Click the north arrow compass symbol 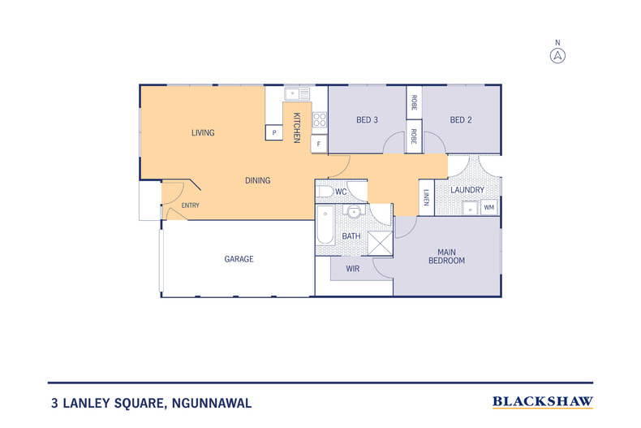click(557, 55)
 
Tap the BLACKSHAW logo click(543, 402)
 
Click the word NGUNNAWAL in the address click(212, 403)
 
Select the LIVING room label click(203, 132)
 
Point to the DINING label click(257, 180)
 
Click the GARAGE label click(239, 259)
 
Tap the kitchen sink click(297, 93)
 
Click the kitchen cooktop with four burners click(320, 120)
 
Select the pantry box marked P click(274, 132)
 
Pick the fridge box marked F click(319, 144)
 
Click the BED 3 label click(367, 120)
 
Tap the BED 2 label click(461, 120)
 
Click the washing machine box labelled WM click(489, 207)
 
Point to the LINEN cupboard click(426, 197)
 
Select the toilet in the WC click(325, 192)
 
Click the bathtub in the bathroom click(325, 226)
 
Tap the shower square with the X click(380, 244)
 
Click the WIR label click(353, 269)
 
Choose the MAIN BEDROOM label click(446, 257)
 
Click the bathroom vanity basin click(354, 211)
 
